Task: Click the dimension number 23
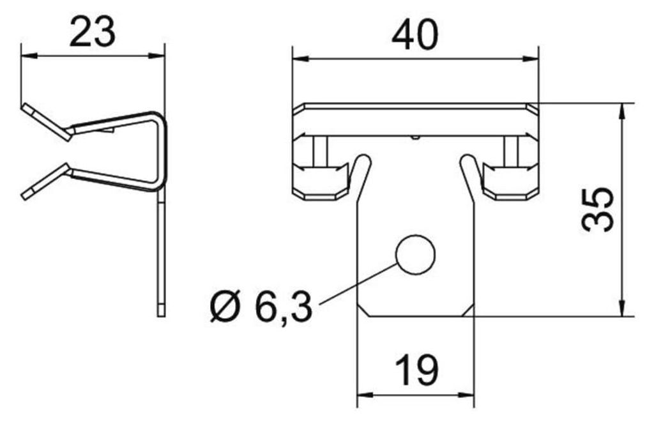click(x=92, y=32)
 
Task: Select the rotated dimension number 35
click(x=597, y=210)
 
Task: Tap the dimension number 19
click(x=416, y=370)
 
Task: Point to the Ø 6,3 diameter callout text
click(x=261, y=307)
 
